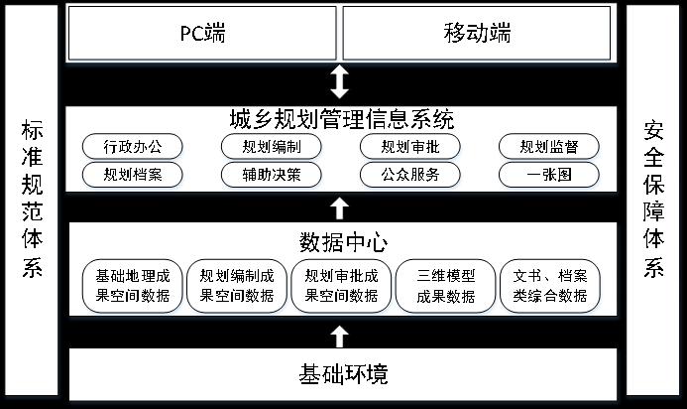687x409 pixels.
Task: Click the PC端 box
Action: click(x=202, y=33)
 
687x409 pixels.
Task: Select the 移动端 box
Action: click(x=477, y=33)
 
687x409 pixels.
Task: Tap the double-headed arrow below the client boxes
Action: click(x=340, y=82)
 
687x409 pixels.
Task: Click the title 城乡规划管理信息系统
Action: click(x=342, y=119)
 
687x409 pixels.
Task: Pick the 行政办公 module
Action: click(x=132, y=146)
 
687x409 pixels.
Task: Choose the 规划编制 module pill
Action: click(x=272, y=146)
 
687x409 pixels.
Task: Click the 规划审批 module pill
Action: click(x=410, y=146)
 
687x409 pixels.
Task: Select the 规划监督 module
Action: click(x=549, y=146)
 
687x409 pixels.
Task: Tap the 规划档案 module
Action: click(x=132, y=175)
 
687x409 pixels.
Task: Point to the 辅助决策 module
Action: click(x=272, y=175)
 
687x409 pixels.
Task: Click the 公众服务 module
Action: click(x=410, y=175)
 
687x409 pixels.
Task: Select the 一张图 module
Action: click(x=549, y=175)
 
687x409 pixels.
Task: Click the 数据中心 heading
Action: click(x=343, y=242)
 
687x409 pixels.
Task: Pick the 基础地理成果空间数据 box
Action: click(x=132, y=286)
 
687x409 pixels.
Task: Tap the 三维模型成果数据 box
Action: click(x=445, y=286)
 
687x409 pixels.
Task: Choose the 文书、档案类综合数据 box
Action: click(x=550, y=286)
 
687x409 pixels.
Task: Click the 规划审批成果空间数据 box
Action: click(x=341, y=286)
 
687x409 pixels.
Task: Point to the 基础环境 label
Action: click(x=343, y=374)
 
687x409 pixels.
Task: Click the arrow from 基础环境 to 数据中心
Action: click(x=340, y=337)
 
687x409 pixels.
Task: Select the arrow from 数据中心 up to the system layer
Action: click(x=340, y=208)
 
